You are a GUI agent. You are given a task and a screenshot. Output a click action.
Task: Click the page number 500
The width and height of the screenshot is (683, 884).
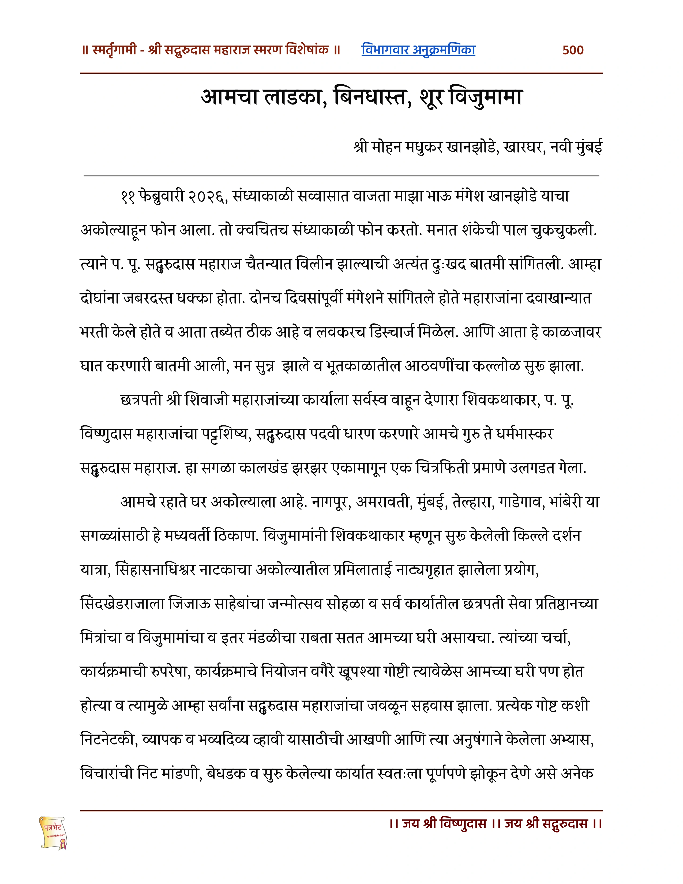pos(573,50)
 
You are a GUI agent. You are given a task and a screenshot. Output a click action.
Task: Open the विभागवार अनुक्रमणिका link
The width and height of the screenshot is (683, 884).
pos(418,50)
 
